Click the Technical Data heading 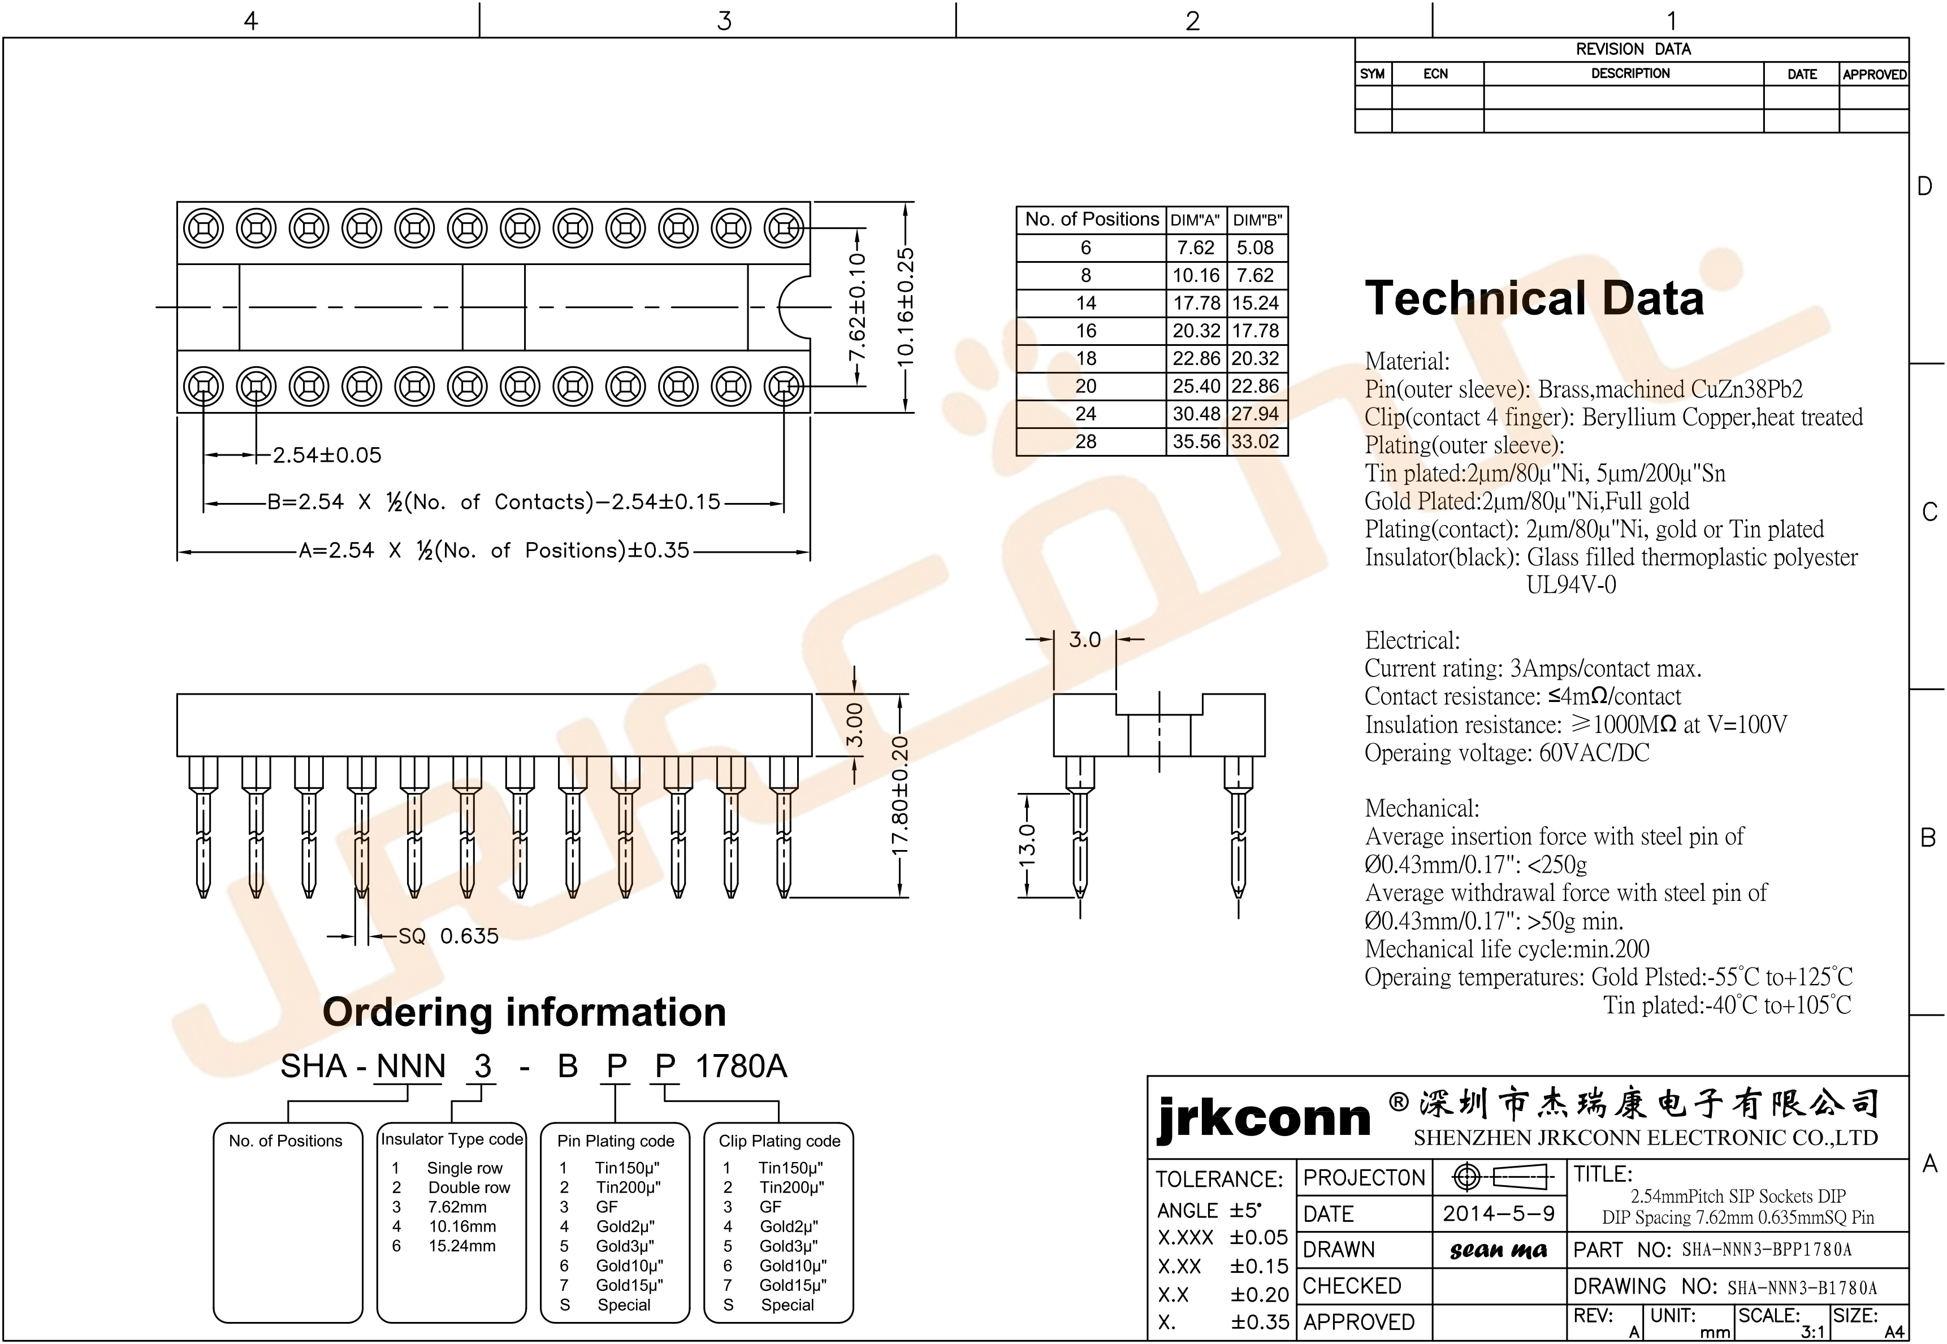coord(1534,299)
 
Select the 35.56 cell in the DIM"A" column coord(1196,442)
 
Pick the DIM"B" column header coord(1257,220)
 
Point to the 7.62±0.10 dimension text coord(857,307)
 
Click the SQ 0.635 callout coord(448,937)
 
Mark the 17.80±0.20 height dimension coord(899,796)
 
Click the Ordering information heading coord(524,1012)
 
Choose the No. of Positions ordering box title coord(285,1141)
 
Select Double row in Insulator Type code coord(469,1187)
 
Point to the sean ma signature coord(1498,1251)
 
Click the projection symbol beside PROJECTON coord(1502,1177)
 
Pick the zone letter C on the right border coord(1929,512)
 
